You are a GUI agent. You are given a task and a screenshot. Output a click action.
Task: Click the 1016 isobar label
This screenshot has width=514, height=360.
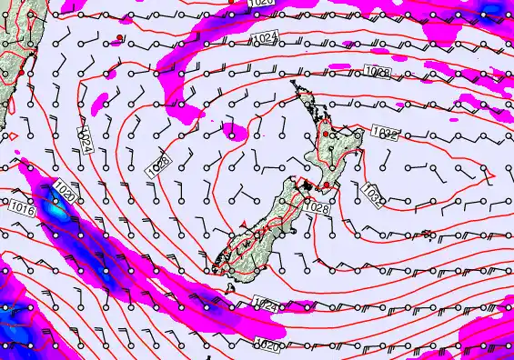coord(22,209)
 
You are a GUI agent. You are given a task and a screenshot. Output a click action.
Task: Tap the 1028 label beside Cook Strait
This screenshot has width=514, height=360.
coord(317,208)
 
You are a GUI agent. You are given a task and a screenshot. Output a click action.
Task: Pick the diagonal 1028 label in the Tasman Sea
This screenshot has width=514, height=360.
coord(157,165)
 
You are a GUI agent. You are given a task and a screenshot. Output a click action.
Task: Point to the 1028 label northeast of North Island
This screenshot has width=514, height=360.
coord(377,71)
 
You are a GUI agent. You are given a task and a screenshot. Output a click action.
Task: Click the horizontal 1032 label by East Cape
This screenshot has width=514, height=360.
coord(385,135)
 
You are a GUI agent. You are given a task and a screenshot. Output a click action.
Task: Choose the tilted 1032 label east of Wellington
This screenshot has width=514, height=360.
coord(371,194)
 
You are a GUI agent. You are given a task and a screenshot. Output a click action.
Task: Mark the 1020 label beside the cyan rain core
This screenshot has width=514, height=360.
coord(64,192)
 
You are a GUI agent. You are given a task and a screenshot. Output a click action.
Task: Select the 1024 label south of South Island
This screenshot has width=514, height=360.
coord(265,305)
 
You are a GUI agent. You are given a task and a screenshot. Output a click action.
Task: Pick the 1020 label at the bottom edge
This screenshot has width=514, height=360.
coord(267,345)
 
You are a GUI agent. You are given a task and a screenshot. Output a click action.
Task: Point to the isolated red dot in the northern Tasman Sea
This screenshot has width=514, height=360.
coord(119,37)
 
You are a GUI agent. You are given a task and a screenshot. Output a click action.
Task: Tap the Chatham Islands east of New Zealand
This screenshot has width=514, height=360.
coord(425,235)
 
